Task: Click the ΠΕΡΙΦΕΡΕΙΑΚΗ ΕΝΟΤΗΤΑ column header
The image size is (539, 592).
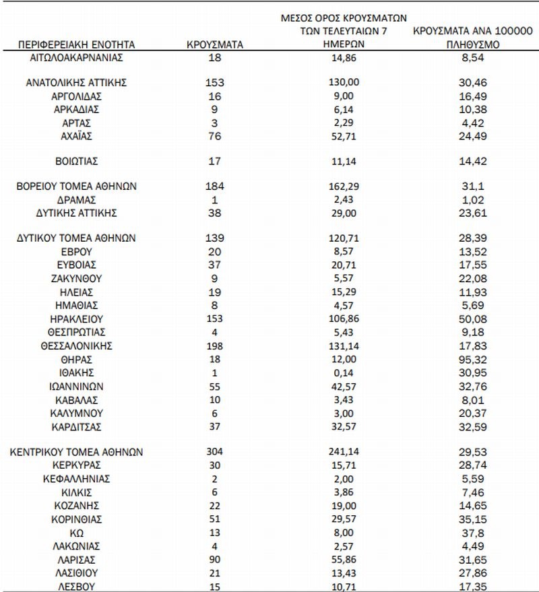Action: (77, 45)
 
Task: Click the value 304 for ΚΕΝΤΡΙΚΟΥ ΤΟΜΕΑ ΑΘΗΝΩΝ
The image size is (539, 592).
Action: (214, 451)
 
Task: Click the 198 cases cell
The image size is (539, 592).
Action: (214, 346)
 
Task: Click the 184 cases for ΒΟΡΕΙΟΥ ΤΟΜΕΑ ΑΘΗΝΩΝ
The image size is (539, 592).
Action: (214, 187)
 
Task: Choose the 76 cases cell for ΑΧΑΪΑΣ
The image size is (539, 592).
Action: (214, 136)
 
